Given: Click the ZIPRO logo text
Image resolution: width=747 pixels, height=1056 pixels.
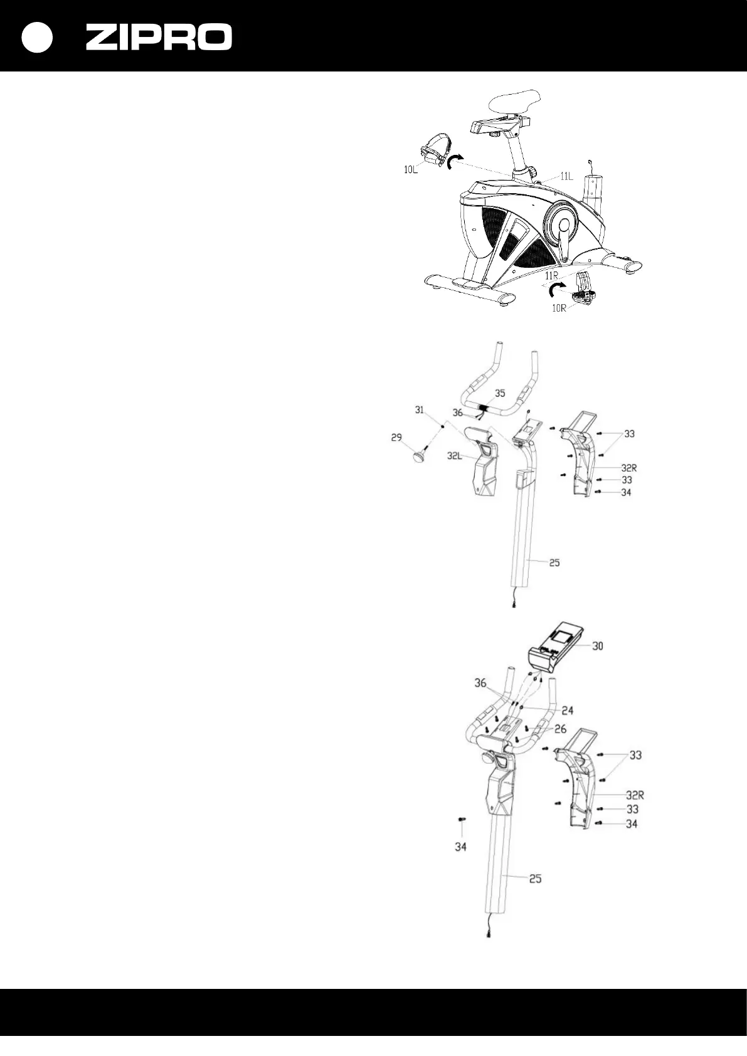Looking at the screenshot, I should (159, 38).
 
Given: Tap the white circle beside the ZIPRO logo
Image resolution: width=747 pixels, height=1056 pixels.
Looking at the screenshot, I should (37, 38).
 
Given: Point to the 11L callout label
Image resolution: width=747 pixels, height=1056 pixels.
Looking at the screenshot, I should (566, 177).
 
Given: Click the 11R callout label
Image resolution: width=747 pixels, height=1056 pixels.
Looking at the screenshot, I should (552, 275).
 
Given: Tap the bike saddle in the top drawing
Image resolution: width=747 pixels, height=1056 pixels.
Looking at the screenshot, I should (516, 101).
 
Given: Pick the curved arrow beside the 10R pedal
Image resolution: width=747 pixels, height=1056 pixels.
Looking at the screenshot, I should (556, 289).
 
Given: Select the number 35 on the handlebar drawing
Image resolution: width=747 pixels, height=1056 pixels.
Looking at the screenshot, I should (499, 393).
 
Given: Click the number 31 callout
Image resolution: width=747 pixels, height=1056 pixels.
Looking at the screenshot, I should (420, 410).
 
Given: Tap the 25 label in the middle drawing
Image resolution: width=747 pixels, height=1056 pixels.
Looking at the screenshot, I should (554, 562).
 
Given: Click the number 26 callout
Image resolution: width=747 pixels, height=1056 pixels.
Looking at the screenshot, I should (560, 729).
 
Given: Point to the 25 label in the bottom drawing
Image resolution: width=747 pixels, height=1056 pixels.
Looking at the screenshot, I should (535, 879).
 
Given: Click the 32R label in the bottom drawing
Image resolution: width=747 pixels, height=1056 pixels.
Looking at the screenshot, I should (635, 796).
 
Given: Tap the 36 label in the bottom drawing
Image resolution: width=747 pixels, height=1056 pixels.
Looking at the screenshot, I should (480, 683).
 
